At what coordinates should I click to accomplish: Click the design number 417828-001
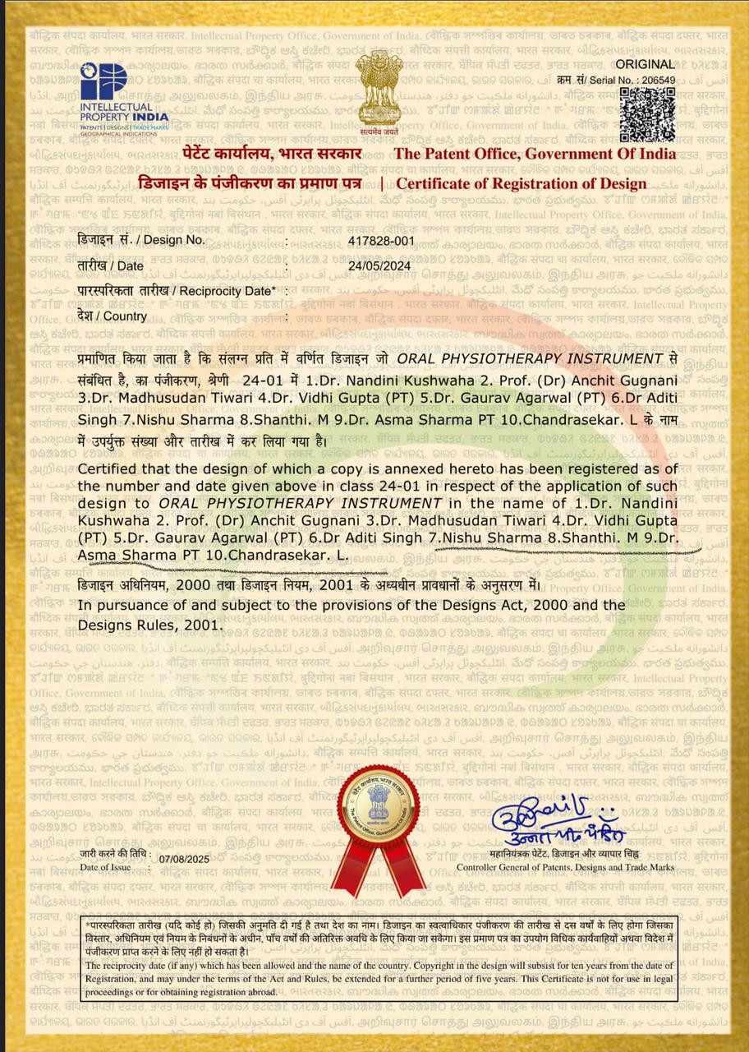[x=382, y=241]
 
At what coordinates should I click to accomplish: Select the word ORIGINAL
[x=646, y=64]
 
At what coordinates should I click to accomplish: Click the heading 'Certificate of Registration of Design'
[x=522, y=184]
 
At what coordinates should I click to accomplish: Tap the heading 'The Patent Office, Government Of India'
[x=535, y=154]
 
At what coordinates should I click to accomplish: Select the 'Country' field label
[x=113, y=316]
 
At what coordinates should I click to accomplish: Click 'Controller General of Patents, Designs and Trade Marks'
[x=565, y=867]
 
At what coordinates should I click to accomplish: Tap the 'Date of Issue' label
[x=105, y=867]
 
